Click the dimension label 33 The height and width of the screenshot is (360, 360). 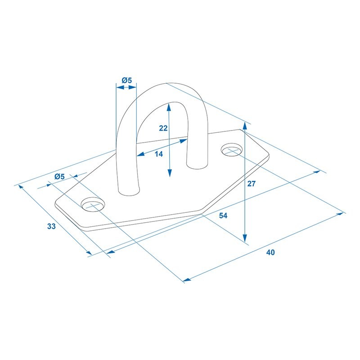point(51,226)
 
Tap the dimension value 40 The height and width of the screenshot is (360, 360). point(270,252)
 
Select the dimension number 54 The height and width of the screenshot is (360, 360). point(223,216)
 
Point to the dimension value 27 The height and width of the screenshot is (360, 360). point(252,184)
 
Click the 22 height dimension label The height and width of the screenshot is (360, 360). point(163,128)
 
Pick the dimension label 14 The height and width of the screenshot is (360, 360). point(159,154)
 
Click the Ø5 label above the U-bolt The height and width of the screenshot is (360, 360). point(127,81)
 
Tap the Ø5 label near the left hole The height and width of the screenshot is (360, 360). point(60,176)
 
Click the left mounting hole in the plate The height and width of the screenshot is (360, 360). point(93,204)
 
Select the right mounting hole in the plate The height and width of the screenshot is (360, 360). point(232,150)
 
